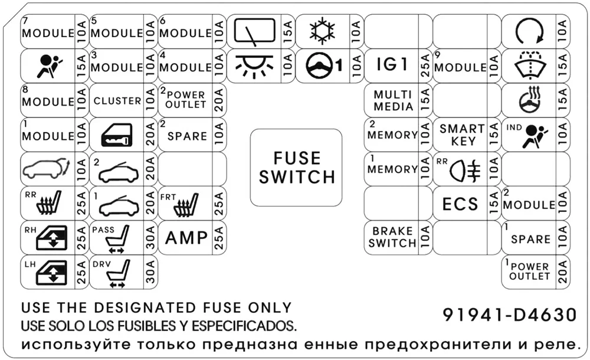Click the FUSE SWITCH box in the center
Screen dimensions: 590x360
tap(296, 168)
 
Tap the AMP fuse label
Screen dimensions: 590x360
tap(186, 238)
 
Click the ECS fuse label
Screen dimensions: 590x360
tap(460, 204)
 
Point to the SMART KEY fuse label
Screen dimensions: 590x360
tap(463, 135)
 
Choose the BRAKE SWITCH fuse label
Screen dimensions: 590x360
tap(392, 237)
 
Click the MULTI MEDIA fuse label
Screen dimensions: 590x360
tap(393, 100)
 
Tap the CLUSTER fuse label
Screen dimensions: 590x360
tap(117, 101)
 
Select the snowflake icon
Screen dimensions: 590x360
tap(322, 31)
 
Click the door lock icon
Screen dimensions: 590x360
tap(117, 135)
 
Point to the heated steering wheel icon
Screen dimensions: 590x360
tap(530, 100)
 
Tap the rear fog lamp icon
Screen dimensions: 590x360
tap(465, 171)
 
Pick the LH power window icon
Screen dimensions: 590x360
tap(51, 272)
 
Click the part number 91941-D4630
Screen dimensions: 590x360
tap(510, 315)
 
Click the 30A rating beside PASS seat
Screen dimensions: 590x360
tap(150, 238)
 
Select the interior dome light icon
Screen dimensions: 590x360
tap(254, 66)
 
